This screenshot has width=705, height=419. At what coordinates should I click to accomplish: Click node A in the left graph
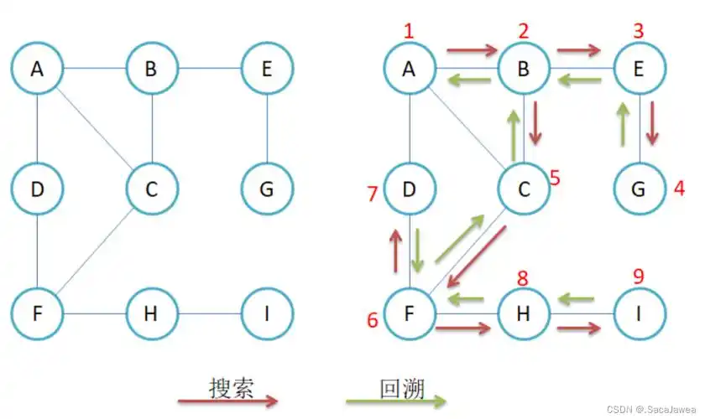pos(37,70)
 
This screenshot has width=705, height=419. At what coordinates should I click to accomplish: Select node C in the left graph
pos(152,189)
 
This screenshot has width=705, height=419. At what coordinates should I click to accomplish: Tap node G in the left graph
pos(267,189)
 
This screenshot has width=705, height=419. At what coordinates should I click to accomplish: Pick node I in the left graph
pos(267,314)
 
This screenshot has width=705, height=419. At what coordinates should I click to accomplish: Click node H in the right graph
pos(524,314)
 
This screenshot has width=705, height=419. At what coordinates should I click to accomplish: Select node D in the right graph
pos(410,189)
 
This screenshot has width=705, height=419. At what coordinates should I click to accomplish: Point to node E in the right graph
pos(640,70)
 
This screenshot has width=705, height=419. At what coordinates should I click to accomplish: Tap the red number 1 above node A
pos(409,33)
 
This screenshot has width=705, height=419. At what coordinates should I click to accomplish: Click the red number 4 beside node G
pos(680,189)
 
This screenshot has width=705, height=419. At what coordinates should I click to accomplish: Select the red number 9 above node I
pos(639,276)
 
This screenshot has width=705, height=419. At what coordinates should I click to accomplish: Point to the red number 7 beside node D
pos(373,194)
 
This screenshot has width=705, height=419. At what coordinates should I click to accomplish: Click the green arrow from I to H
pos(577,297)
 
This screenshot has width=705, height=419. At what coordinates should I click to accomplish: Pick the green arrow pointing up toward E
pos(622,124)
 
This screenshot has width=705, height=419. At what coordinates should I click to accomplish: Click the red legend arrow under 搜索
pos(227,401)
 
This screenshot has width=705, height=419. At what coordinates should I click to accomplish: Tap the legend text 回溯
pos(402,388)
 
